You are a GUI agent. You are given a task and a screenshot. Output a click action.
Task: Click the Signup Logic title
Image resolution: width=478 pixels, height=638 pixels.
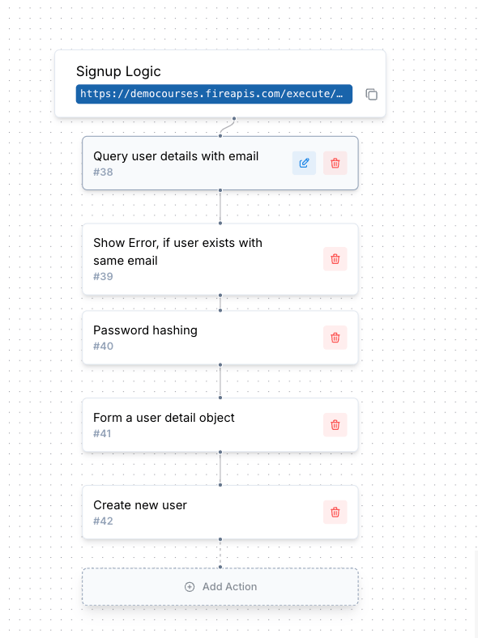click(x=118, y=71)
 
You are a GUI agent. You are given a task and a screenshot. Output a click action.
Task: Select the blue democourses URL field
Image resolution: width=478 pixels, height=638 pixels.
click(x=214, y=94)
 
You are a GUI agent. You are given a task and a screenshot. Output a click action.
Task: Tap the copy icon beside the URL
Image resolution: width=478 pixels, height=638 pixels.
click(x=371, y=95)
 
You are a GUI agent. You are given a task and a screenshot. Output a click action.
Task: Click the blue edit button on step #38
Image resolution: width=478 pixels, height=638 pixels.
click(x=304, y=164)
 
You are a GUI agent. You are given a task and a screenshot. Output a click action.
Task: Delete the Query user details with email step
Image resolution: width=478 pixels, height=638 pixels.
click(x=335, y=164)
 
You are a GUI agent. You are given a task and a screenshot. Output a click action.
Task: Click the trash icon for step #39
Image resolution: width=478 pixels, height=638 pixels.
click(x=335, y=259)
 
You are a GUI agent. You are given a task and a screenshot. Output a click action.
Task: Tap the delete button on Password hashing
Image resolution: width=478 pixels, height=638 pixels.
click(x=335, y=338)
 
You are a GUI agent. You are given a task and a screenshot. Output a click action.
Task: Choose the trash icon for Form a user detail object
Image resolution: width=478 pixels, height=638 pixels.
click(x=335, y=425)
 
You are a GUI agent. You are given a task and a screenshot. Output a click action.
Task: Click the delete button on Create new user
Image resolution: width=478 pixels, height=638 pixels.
click(x=335, y=512)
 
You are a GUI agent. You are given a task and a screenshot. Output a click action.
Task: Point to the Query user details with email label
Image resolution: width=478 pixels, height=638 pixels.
click(x=176, y=156)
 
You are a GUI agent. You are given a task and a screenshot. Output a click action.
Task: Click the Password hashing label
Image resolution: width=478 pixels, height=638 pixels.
click(x=145, y=330)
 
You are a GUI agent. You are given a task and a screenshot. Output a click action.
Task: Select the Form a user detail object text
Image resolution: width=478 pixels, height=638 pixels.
click(x=164, y=418)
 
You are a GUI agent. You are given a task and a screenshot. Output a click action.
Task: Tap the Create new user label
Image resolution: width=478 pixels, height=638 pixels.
click(x=140, y=505)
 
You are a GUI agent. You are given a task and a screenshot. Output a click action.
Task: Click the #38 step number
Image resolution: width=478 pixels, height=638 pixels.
click(x=103, y=172)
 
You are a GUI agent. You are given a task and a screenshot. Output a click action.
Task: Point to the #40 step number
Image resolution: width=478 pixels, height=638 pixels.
click(x=104, y=347)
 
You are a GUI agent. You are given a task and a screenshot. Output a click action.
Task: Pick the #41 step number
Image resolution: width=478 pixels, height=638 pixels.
click(x=102, y=434)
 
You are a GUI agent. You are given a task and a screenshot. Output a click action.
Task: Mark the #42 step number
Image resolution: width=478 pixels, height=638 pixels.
click(x=103, y=521)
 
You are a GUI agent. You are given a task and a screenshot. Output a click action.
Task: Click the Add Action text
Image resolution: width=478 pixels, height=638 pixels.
click(x=229, y=587)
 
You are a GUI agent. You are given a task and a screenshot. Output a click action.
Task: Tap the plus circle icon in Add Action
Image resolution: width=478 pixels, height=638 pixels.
click(x=190, y=587)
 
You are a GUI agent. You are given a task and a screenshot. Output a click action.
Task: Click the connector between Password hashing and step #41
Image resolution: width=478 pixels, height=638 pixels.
click(x=220, y=381)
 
